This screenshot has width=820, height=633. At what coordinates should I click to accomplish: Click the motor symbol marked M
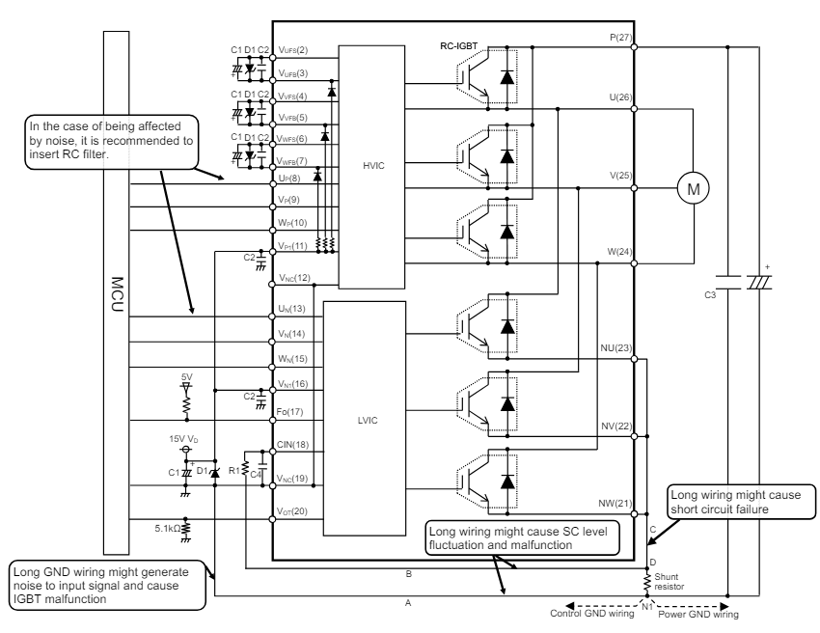click(693, 189)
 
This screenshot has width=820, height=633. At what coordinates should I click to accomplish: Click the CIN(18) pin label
click(293, 445)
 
